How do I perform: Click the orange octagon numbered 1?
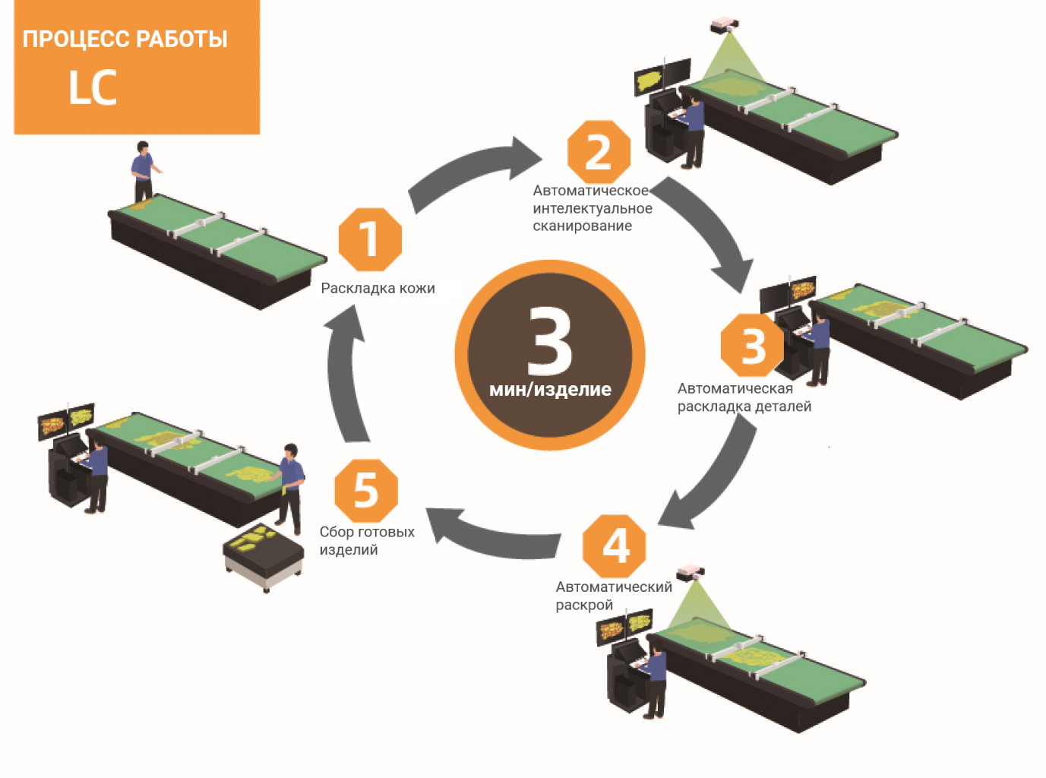(369, 239)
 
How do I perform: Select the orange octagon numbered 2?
(599, 152)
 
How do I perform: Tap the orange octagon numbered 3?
(753, 345)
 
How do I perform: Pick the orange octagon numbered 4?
(615, 545)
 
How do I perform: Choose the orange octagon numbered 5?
(366, 490)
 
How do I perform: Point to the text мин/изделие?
(550, 390)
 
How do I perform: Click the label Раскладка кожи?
(378, 289)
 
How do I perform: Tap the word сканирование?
(582, 226)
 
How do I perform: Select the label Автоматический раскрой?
(613, 596)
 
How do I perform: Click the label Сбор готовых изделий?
(366, 541)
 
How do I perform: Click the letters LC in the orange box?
(93, 87)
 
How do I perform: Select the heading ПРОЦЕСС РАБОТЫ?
(125, 40)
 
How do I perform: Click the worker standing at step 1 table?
(142, 171)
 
